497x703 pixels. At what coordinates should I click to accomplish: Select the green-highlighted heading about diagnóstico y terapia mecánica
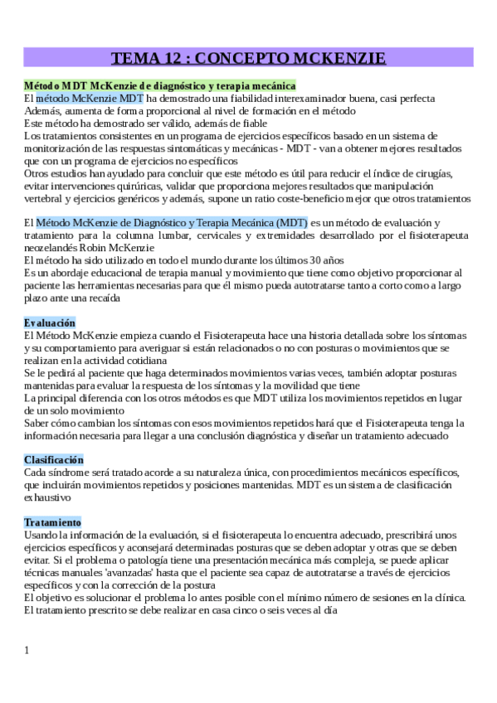point(159,85)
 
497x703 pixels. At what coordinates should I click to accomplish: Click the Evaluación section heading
point(50,322)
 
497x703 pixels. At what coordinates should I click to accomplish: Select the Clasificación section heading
point(54,459)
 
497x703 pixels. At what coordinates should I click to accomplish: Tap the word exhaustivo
point(51,497)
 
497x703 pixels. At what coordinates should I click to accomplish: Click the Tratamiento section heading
point(52,522)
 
